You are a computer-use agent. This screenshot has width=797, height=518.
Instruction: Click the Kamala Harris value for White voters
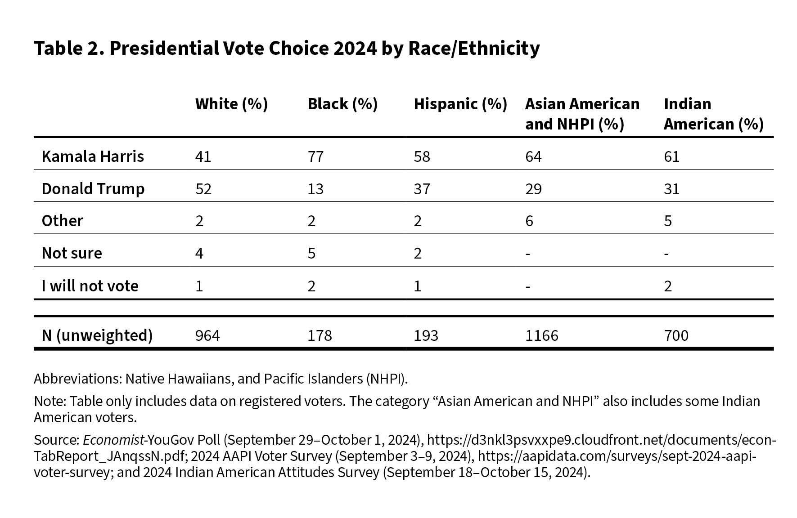pyautogui.click(x=203, y=156)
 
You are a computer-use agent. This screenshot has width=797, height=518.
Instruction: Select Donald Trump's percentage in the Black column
pyautogui.click(x=315, y=189)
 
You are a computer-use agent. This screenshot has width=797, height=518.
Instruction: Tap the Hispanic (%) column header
pyautogui.click(x=460, y=104)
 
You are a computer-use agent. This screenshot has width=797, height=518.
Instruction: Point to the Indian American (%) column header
pyautogui.click(x=713, y=114)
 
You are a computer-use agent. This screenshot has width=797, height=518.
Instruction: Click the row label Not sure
pyautogui.click(x=72, y=253)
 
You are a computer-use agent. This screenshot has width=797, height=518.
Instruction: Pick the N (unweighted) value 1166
pyautogui.click(x=542, y=335)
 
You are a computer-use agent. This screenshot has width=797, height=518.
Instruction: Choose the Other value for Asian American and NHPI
pyautogui.click(x=529, y=221)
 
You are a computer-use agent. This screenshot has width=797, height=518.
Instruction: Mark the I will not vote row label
pyautogui.click(x=90, y=286)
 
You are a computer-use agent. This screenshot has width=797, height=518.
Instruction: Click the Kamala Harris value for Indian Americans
pyautogui.click(x=671, y=156)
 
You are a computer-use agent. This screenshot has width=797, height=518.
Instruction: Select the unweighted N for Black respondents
pyautogui.click(x=320, y=335)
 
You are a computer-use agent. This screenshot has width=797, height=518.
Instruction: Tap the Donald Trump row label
pyautogui.click(x=93, y=189)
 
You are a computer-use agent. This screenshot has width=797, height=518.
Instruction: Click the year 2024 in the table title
pyautogui.click(x=354, y=48)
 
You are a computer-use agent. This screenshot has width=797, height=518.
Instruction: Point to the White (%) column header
pyautogui.click(x=231, y=104)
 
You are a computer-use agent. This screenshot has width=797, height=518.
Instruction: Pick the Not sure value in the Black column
pyautogui.click(x=311, y=254)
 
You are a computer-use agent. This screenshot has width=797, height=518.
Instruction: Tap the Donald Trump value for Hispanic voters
pyautogui.click(x=422, y=189)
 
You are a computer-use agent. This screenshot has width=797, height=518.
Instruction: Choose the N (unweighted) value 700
pyautogui.click(x=676, y=335)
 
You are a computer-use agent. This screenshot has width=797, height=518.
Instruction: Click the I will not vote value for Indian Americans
pyautogui.click(x=668, y=286)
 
